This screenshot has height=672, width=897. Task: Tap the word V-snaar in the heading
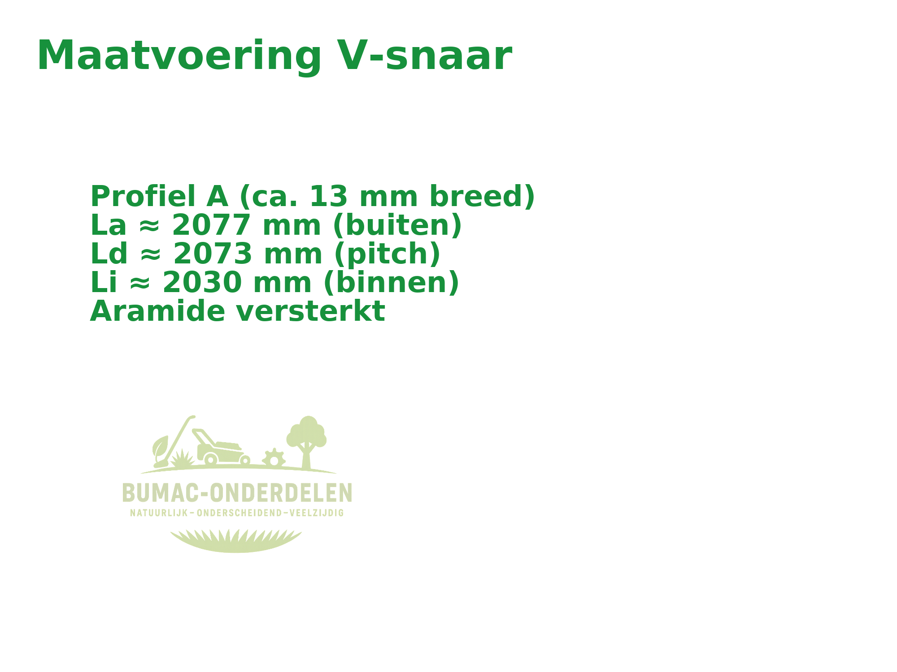pos(424,56)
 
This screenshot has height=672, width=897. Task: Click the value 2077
pos(210,225)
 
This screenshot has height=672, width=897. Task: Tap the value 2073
pos(212,254)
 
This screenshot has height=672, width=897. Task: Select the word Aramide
pos(157,311)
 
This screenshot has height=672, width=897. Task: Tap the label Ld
pos(109,254)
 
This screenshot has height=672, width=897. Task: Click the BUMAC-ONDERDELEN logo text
pos(237,492)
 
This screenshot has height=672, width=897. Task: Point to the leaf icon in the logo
pos(160,446)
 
